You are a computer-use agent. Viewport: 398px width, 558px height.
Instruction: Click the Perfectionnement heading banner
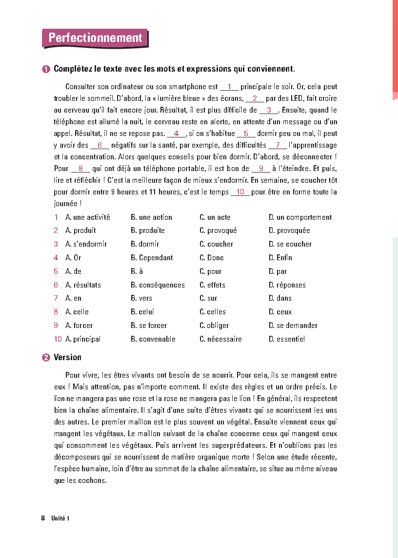point(95,38)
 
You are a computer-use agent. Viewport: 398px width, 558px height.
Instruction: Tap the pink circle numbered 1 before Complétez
point(46,69)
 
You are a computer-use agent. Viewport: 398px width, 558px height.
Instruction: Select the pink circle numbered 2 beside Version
point(46,358)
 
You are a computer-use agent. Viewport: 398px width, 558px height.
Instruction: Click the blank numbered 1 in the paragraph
point(229,87)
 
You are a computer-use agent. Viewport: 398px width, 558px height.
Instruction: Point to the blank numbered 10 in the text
point(240,192)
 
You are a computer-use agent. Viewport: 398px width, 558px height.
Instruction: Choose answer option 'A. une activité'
point(88,217)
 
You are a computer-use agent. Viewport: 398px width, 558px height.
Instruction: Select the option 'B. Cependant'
point(152,258)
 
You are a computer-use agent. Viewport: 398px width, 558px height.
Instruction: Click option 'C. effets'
point(212,285)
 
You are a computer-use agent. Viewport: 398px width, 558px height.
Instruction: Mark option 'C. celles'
point(213,312)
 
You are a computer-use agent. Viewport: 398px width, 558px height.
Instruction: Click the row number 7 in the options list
point(56,298)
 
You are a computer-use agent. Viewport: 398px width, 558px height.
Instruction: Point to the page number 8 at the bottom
point(43,518)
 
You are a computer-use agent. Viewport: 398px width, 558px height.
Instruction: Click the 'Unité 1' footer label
point(60,518)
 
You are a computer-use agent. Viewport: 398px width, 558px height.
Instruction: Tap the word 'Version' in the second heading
point(67,357)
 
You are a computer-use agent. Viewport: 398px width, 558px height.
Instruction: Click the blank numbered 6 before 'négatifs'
point(99,145)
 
